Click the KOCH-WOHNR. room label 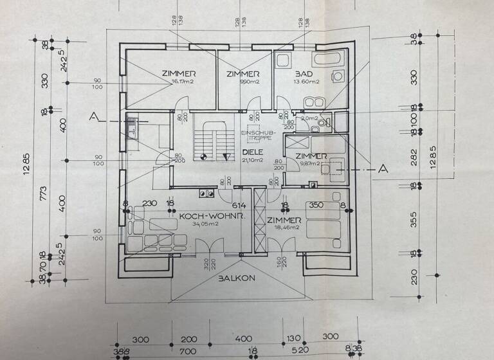tap(203, 217)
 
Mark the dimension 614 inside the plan tap(239, 204)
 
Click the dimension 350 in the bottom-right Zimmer tap(316, 206)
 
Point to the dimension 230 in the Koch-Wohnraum tap(149, 204)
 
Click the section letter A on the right tap(384, 168)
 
